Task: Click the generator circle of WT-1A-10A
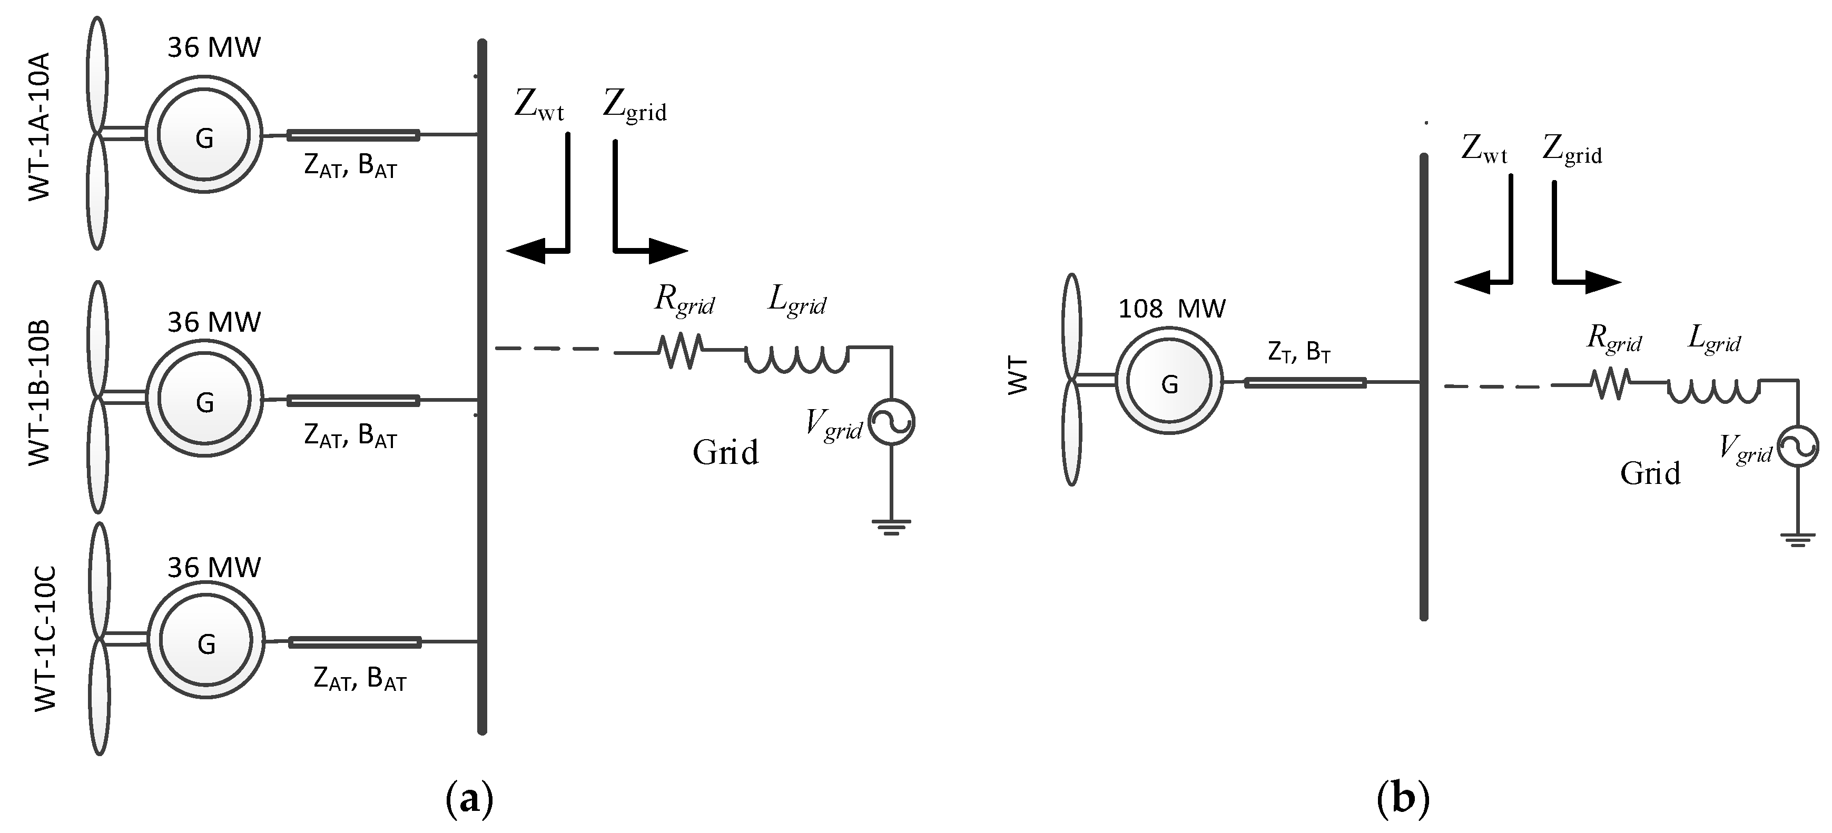(204, 135)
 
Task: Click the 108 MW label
(1172, 309)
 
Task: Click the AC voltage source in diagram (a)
(892, 422)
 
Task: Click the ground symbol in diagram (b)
(1797, 540)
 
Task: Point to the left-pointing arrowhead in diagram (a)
(525, 250)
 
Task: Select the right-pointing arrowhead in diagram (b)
(1602, 282)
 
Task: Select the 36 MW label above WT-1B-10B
(214, 323)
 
